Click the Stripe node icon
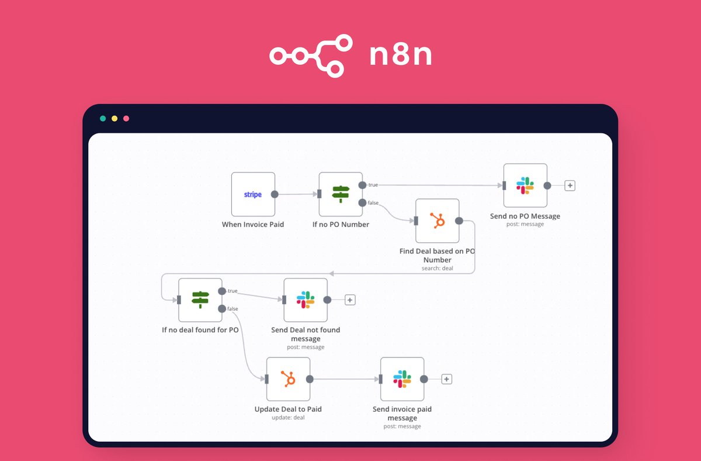click(x=253, y=194)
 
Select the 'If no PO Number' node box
click(x=341, y=194)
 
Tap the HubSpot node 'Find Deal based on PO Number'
click(x=437, y=221)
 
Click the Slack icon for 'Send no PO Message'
click(x=525, y=185)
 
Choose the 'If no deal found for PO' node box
click(x=200, y=300)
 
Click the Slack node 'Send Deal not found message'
click(x=306, y=300)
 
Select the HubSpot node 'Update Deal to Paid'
click(x=288, y=379)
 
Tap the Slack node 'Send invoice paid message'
click(x=402, y=379)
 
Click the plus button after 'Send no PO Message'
click(x=570, y=185)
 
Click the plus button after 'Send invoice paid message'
click(x=446, y=379)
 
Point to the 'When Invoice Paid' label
click(x=253, y=225)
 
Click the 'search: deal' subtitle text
click(x=437, y=269)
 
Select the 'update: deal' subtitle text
click(x=288, y=418)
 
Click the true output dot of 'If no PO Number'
click(x=362, y=185)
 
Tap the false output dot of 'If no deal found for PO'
click(x=222, y=309)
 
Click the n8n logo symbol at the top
click(x=311, y=56)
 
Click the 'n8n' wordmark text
click(x=401, y=56)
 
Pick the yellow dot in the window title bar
click(x=114, y=119)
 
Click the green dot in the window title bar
click(x=103, y=119)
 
